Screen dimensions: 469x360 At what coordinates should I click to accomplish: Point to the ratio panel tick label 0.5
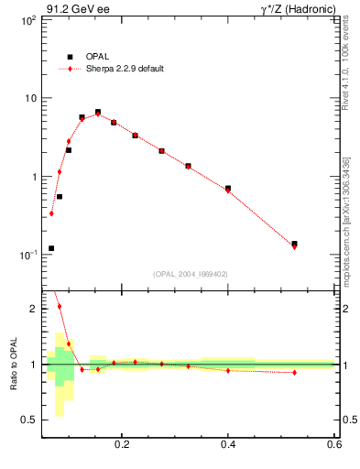click(28, 420)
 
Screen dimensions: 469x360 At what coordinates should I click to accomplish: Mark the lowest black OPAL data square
click(51, 248)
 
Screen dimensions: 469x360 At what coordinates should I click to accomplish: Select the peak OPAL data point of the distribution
click(98, 112)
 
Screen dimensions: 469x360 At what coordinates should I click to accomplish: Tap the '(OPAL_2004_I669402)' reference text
click(191, 272)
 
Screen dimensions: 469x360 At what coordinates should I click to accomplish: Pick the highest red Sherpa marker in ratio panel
click(60, 306)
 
